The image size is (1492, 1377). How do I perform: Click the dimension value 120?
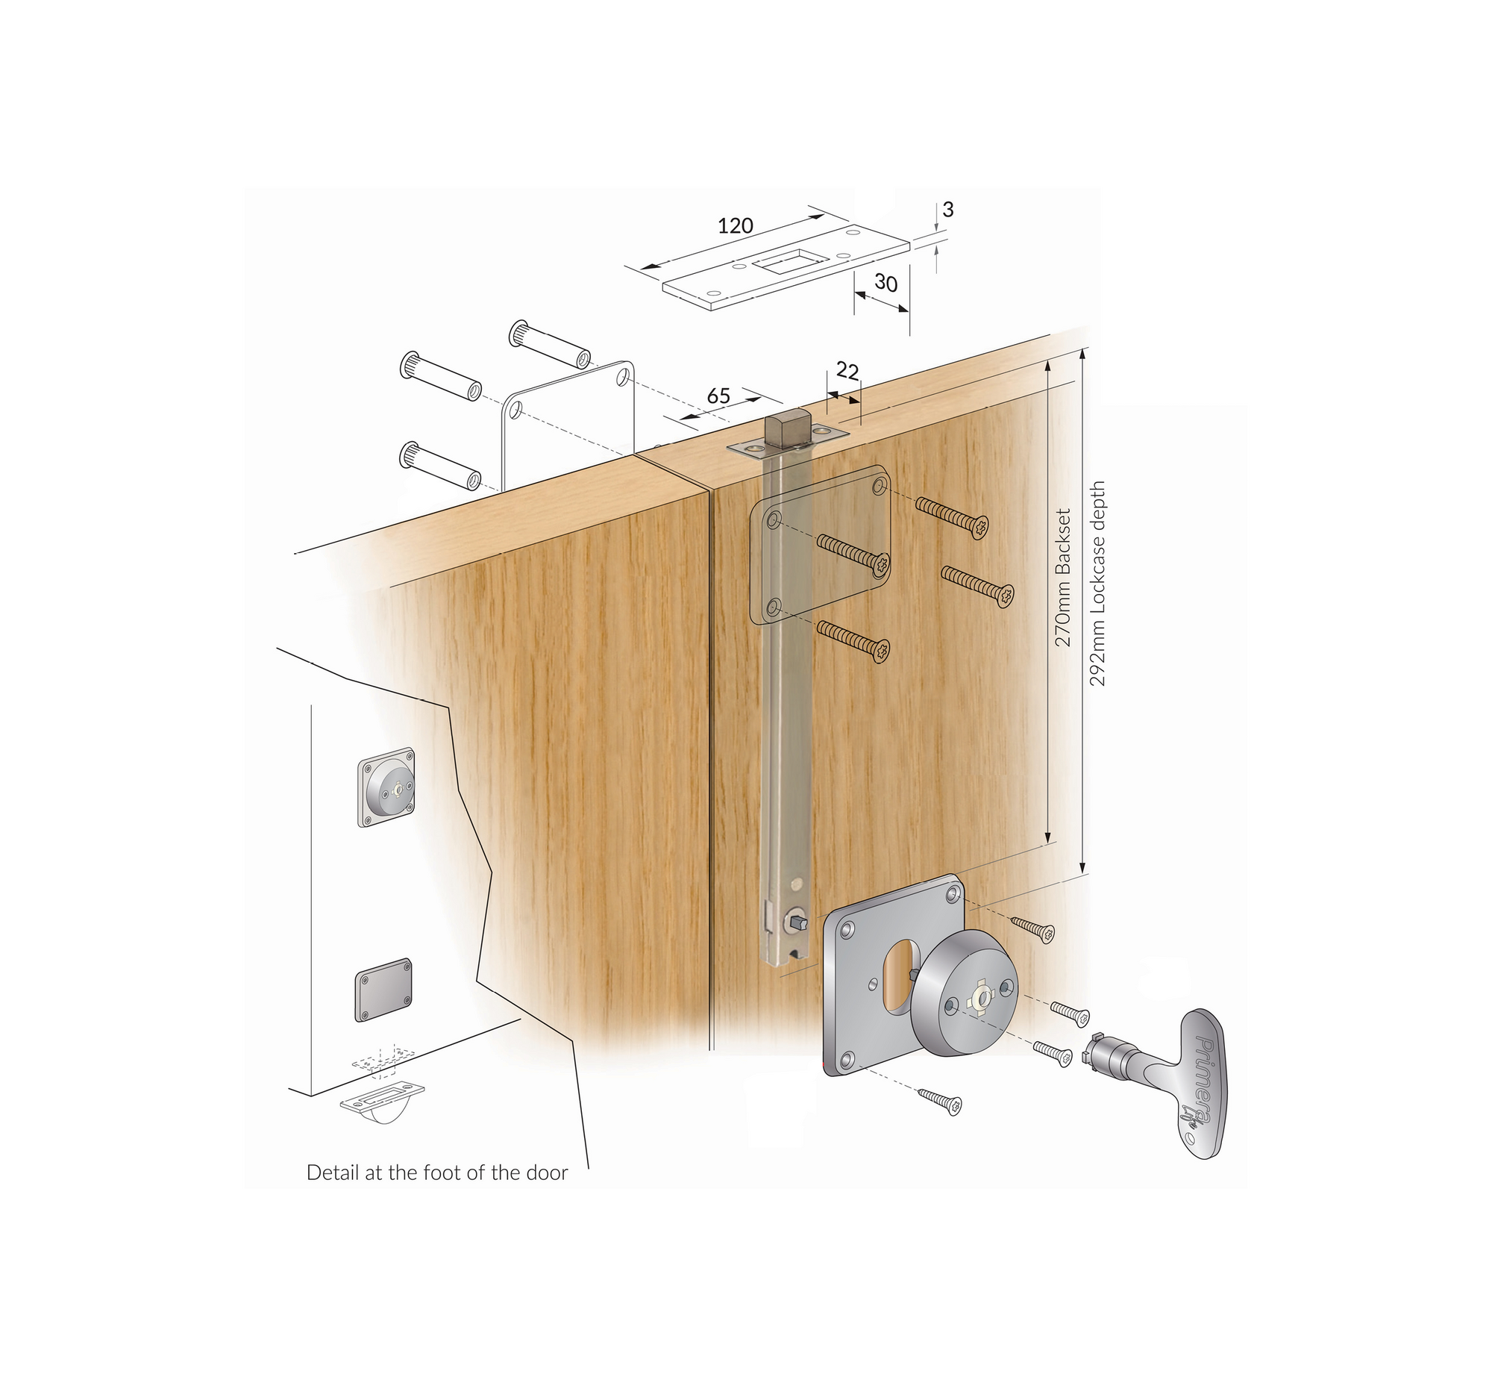click(736, 225)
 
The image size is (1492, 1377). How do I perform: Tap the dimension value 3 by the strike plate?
click(947, 210)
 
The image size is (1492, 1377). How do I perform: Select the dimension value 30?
click(886, 283)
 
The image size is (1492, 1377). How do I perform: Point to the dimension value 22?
click(847, 370)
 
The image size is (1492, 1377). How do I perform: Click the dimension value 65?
click(718, 396)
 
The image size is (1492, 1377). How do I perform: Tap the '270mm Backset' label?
click(1063, 578)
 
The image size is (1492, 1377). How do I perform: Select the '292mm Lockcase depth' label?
click(1097, 584)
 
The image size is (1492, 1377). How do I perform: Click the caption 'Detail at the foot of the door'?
click(437, 1173)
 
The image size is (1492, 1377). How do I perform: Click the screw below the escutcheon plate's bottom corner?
click(940, 1100)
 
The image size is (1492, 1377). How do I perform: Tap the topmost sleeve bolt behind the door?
click(550, 344)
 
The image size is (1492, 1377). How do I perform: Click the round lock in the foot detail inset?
click(386, 787)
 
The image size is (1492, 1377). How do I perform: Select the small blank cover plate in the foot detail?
click(383, 990)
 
